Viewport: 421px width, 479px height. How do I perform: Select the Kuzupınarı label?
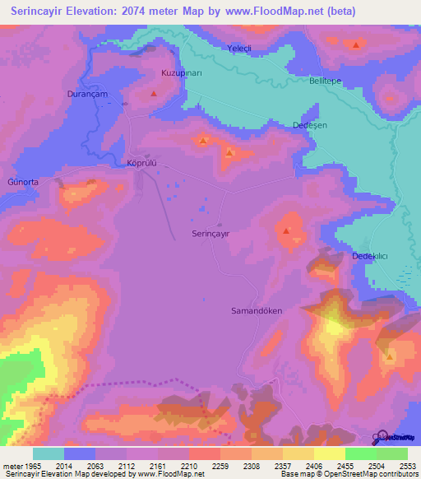click(x=181, y=73)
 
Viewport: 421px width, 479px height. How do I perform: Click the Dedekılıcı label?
click(x=370, y=257)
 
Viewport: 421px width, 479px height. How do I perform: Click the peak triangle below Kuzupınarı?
click(x=154, y=95)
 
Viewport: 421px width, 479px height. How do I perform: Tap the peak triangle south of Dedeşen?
click(x=285, y=232)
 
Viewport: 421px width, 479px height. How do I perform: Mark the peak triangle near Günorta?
click(x=91, y=181)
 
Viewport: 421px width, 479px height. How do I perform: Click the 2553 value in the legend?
click(x=409, y=465)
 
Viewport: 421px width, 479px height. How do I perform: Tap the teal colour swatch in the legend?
click(x=48, y=453)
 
